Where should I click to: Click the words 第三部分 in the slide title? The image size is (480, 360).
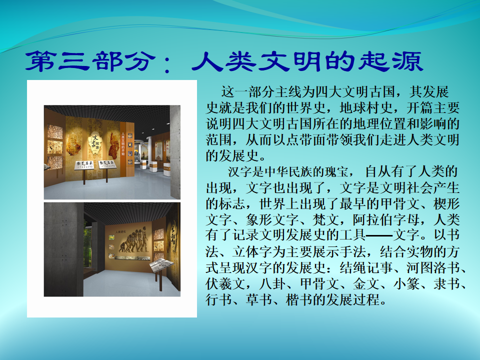[89, 61]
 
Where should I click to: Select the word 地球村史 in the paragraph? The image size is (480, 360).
[366, 108]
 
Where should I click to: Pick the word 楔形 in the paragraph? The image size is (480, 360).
[446, 203]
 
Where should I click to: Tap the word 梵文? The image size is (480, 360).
[325, 219]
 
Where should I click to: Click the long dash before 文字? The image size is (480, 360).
[379, 235]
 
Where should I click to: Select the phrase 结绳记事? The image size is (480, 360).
[366, 267]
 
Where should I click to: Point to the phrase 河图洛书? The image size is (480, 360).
[433, 267]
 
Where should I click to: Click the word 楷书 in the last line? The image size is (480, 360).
[299, 299]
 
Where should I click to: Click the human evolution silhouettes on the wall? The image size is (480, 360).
[134, 240]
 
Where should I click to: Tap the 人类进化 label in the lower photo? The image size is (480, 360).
[120, 231]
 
